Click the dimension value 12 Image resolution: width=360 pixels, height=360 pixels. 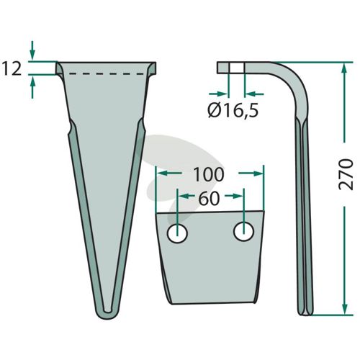pos(12,68)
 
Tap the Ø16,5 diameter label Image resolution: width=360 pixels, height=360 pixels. pos(233,111)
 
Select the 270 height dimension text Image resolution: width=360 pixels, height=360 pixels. pos(346,174)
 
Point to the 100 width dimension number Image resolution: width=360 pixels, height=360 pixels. pos(209,174)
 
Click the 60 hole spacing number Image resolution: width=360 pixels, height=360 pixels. pos(209,198)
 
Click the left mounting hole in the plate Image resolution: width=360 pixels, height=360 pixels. pos(177,234)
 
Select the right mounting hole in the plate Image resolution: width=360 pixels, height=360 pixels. pos(243,232)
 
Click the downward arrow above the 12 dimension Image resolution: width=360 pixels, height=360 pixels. pos(32,50)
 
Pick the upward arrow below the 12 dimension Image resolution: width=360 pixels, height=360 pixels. pos(32,88)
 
